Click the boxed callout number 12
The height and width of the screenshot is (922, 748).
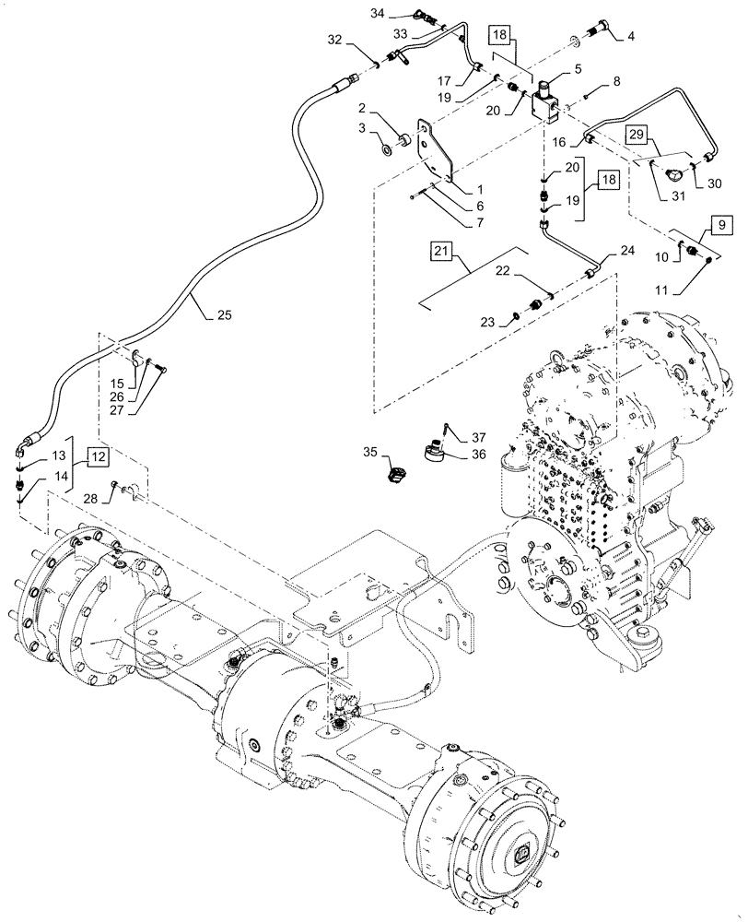pyautogui.click(x=100, y=455)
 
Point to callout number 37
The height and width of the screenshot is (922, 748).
pyautogui.click(x=479, y=438)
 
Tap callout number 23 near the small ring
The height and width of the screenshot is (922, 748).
pyautogui.click(x=488, y=321)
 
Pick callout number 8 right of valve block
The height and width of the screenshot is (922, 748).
pyautogui.click(x=616, y=82)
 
